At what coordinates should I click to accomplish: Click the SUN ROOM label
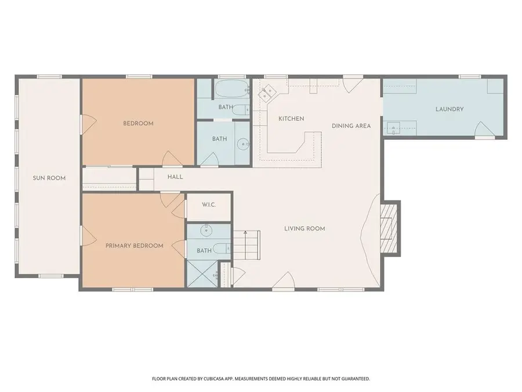tap(49, 178)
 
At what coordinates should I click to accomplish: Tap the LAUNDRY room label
tap(449, 109)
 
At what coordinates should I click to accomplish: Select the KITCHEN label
tap(291, 118)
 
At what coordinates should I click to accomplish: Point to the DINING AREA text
tap(351, 125)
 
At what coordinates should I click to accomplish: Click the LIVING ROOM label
tap(304, 228)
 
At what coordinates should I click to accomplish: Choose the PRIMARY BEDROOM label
tap(135, 246)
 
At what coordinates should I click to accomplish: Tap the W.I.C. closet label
tap(209, 204)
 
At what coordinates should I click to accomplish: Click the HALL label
tap(175, 177)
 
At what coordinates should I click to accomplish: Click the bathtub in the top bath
tap(232, 89)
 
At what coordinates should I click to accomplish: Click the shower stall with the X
tap(202, 274)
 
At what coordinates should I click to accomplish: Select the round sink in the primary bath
tap(206, 229)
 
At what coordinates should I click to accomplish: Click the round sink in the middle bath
tap(243, 145)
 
